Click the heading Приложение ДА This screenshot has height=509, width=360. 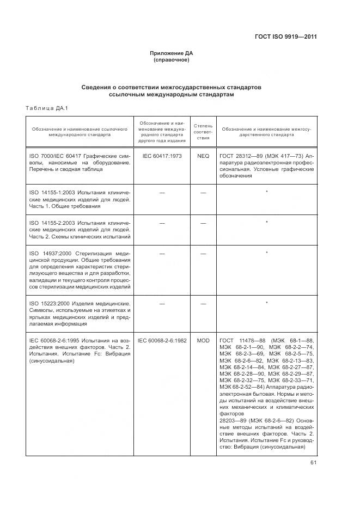pyautogui.click(x=172, y=53)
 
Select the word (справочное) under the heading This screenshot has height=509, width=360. pyautogui.click(x=172, y=60)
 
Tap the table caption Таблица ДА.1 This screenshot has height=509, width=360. pyautogui.click(x=46, y=108)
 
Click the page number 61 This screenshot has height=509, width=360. pyautogui.click(x=313, y=463)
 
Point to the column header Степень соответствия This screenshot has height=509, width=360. pyautogui.click(x=203, y=132)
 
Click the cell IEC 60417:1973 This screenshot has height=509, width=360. pyautogui.click(x=162, y=156)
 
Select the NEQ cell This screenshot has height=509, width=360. pyautogui.click(x=203, y=156)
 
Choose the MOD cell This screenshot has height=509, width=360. pyautogui.click(x=203, y=340)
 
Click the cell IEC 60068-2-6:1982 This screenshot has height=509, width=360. pyautogui.click(x=162, y=340)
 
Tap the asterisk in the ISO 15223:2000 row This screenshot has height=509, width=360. pyautogui.click(x=266, y=303)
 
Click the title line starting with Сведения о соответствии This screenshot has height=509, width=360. pyautogui.click(x=172, y=87)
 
